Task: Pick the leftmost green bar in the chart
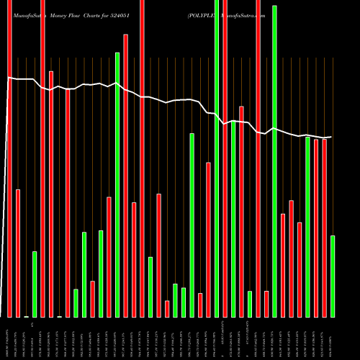click(x=35, y=284)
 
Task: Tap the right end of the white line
click(x=331, y=137)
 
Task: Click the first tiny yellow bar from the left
click(x=26, y=316)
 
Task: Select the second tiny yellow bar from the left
click(x=59, y=316)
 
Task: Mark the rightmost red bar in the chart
click(x=324, y=228)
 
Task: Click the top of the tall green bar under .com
click(x=274, y=7)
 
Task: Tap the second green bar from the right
click(x=307, y=226)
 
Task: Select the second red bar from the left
click(x=18, y=253)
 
